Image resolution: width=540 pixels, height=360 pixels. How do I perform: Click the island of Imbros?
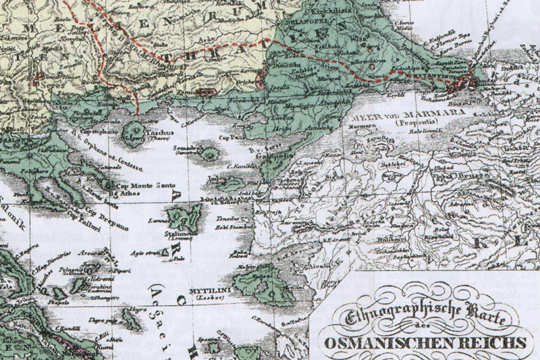coord(230,183)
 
